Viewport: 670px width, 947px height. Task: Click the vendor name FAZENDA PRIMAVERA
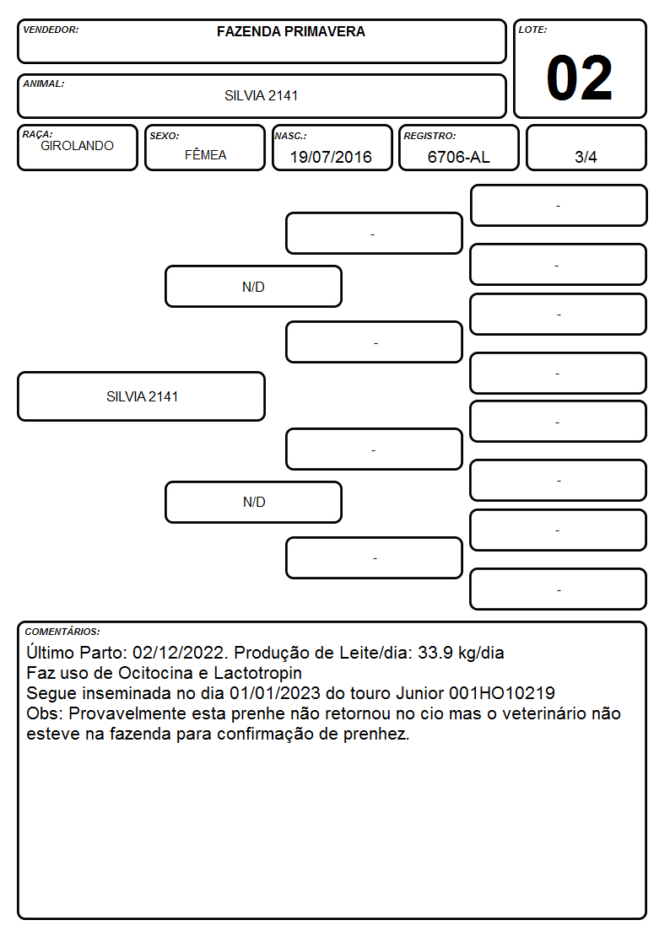pos(290,31)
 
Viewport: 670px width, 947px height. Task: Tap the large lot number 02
pos(580,78)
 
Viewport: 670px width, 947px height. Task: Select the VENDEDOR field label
pos(51,30)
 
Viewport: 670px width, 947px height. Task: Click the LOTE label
pos(532,30)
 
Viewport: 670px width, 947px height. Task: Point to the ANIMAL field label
pos(44,84)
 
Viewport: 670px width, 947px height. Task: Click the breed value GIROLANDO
pos(77,146)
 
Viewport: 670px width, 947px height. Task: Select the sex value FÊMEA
pos(205,154)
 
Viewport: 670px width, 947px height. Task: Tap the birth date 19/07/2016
pos(331,157)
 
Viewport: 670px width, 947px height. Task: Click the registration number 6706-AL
pos(458,157)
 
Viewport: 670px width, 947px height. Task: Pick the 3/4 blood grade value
pos(586,157)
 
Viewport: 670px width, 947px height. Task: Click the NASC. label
pos(290,136)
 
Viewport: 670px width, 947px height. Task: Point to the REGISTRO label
pos(430,136)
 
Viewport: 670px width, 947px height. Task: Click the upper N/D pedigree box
pos(253,287)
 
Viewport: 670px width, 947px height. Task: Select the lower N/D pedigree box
pos(253,502)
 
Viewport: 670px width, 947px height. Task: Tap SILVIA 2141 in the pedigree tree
pos(142,397)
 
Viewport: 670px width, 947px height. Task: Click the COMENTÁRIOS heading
pos(62,632)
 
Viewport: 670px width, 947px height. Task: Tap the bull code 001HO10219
pos(502,693)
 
